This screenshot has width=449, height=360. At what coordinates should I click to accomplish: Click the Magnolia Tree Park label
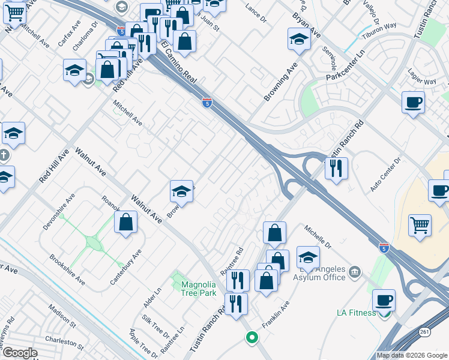click(x=199, y=289)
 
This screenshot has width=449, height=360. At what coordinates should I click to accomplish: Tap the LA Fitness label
click(x=356, y=312)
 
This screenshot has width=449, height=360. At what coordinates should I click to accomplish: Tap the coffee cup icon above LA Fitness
click(x=384, y=299)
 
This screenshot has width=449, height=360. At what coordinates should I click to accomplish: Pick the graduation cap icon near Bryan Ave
click(x=299, y=39)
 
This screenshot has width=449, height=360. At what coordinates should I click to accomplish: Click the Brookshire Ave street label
click(x=67, y=269)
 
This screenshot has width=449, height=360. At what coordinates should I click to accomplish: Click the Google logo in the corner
click(x=19, y=353)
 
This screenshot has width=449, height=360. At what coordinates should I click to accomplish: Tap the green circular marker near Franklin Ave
click(x=252, y=337)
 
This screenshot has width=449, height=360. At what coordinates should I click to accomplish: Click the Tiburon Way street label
click(x=379, y=30)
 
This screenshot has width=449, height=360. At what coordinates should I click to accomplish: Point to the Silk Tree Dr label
click(x=155, y=326)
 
